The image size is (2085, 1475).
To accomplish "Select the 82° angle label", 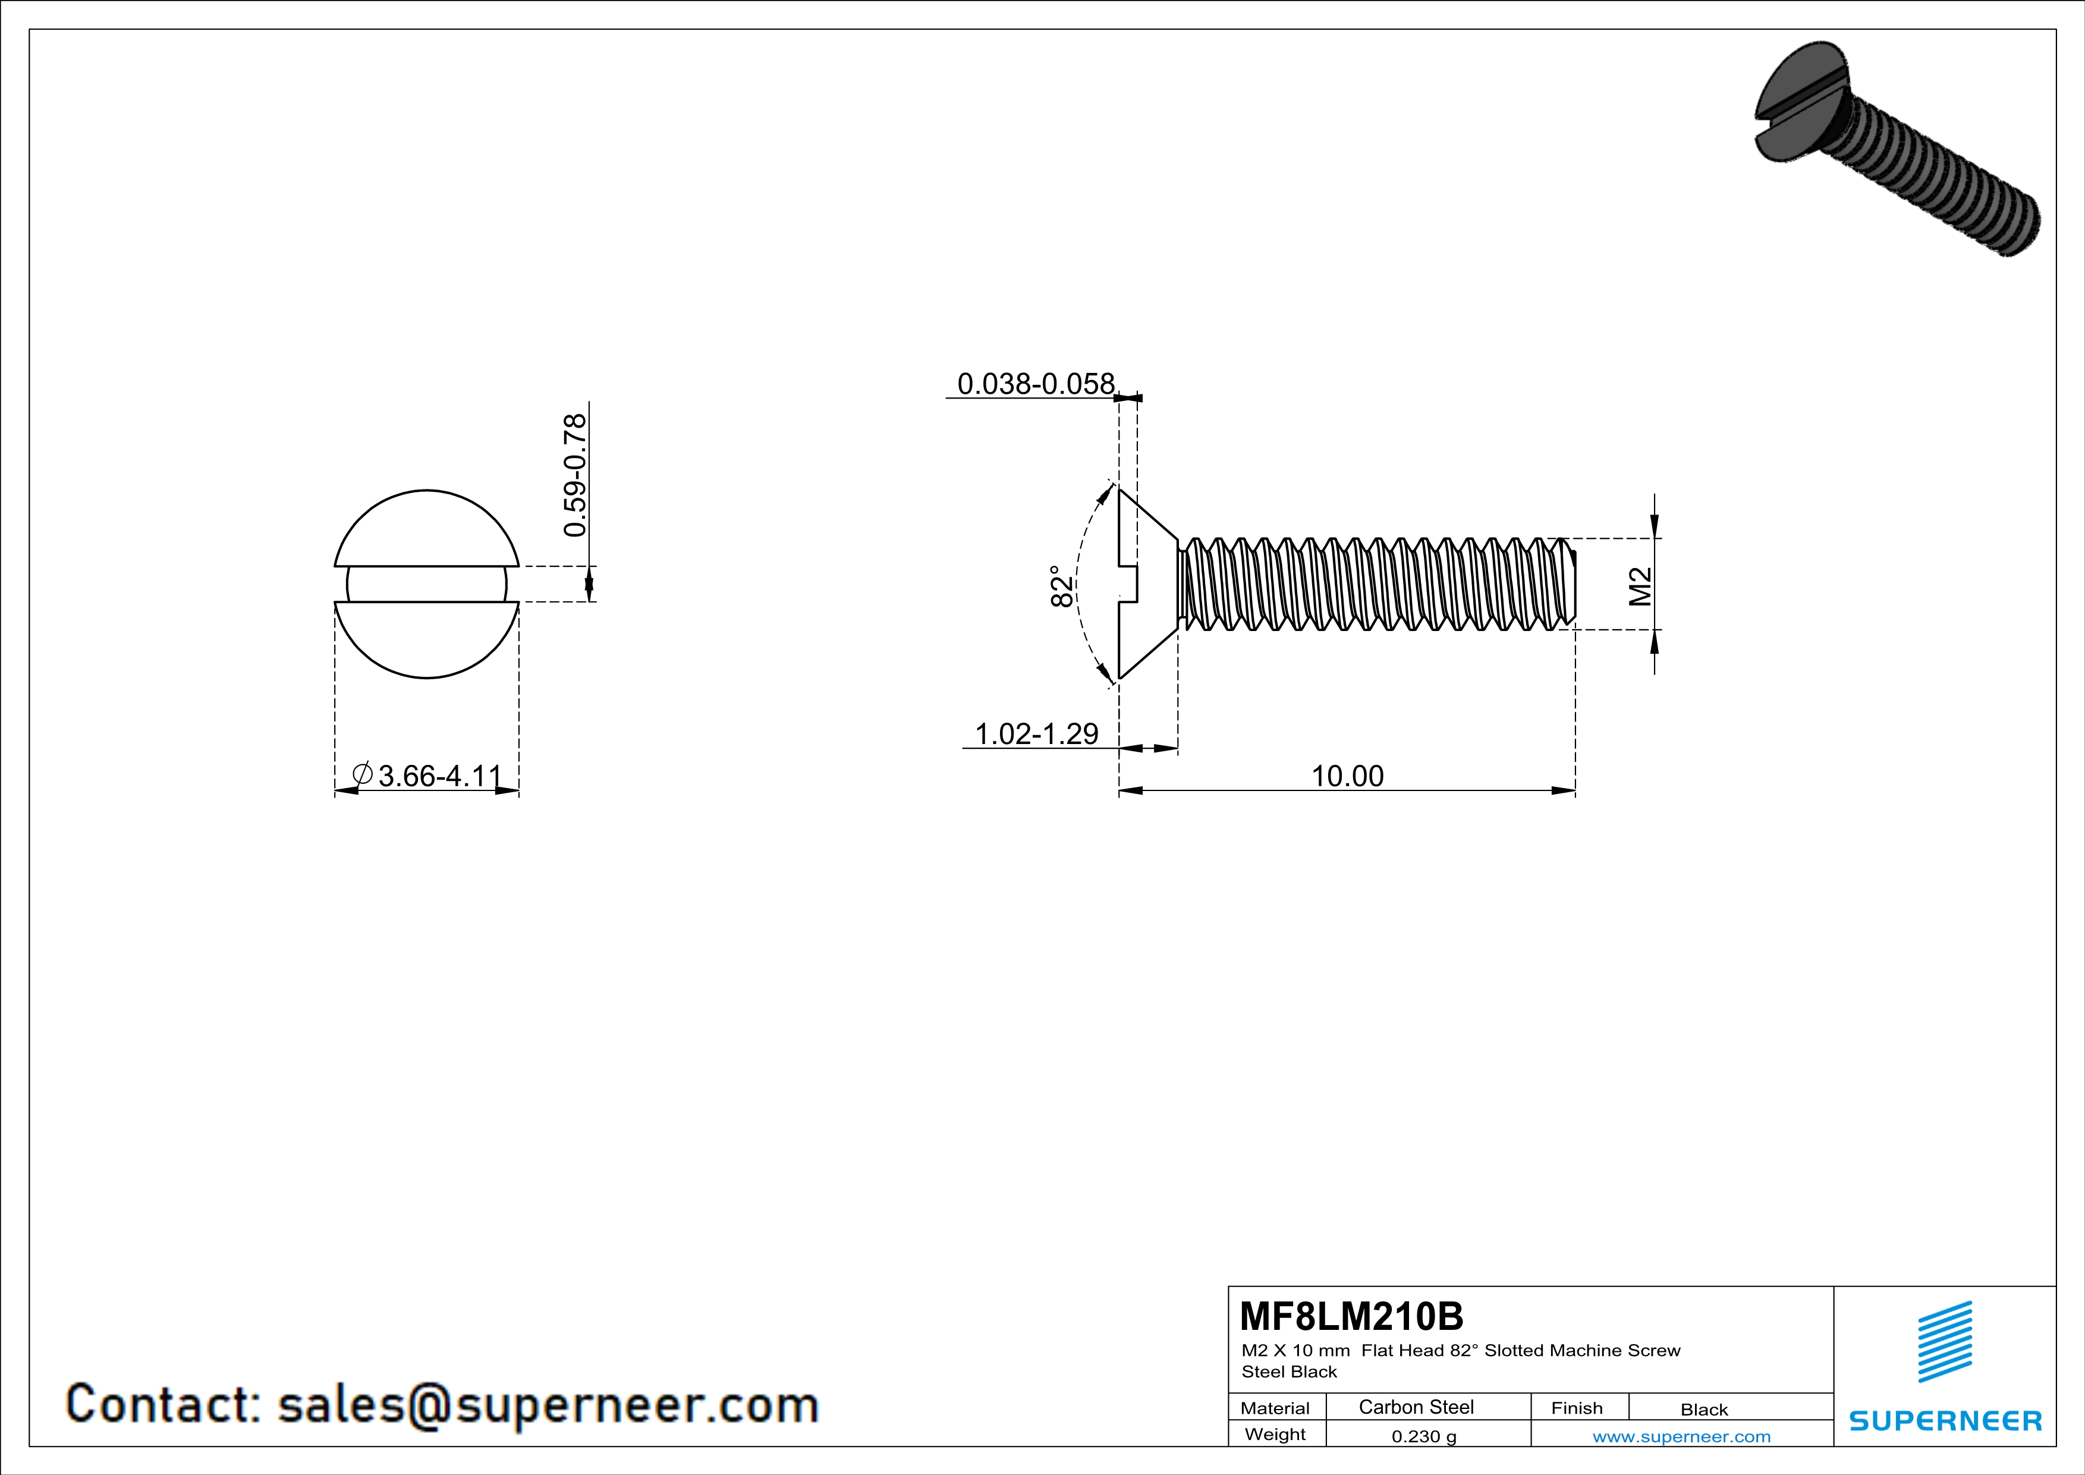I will (1061, 587).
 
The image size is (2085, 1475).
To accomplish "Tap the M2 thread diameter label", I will (1640, 587).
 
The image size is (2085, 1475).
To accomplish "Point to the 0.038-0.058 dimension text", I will (1035, 384).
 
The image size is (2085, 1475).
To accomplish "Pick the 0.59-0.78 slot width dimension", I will (575, 476).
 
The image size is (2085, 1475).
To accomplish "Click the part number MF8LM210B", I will (1351, 1316).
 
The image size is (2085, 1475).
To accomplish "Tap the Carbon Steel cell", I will (1416, 1407).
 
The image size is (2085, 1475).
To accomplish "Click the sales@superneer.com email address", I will (548, 1405).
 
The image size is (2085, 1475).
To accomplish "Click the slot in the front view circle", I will (427, 584).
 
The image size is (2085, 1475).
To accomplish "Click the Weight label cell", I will (1275, 1434).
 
